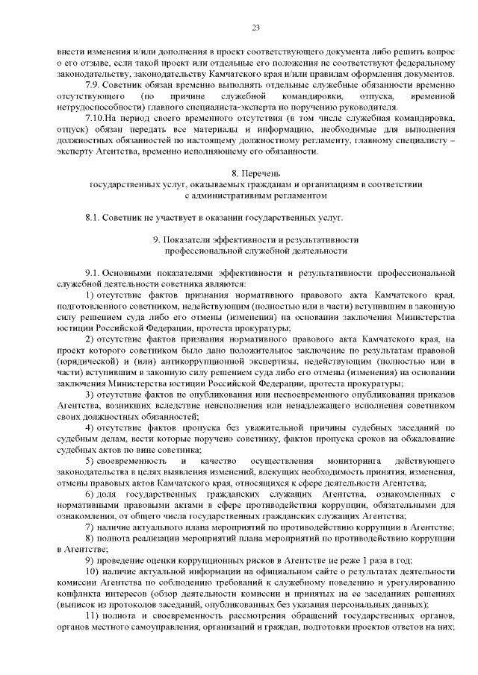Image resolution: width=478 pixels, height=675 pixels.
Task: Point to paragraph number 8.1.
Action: [95, 217]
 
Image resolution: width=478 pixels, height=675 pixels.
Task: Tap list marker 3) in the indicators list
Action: [90, 394]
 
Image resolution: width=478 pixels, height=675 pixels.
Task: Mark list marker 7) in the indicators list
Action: [90, 527]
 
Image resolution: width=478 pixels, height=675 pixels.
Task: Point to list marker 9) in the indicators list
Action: [90, 560]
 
